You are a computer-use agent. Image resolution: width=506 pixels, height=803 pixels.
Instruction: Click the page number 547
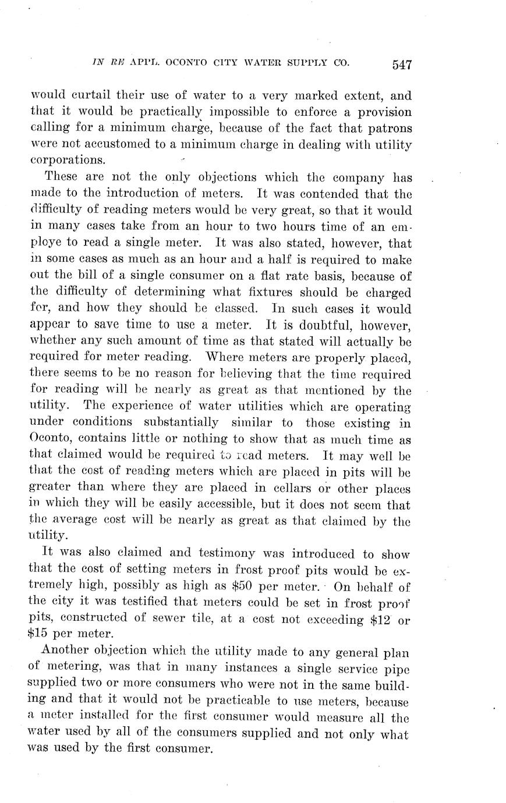(x=402, y=65)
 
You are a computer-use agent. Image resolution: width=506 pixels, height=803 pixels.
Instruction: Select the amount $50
(x=242, y=587)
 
